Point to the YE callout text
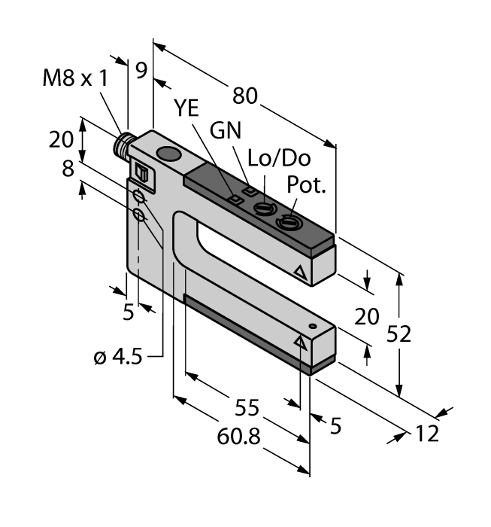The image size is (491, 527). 186,108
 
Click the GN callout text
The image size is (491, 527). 226,130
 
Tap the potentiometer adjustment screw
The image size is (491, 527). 287,221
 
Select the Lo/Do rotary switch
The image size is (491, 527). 265,209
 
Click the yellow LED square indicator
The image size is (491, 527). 235,200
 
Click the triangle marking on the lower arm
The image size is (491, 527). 301,342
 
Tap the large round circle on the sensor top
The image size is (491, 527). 169,155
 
